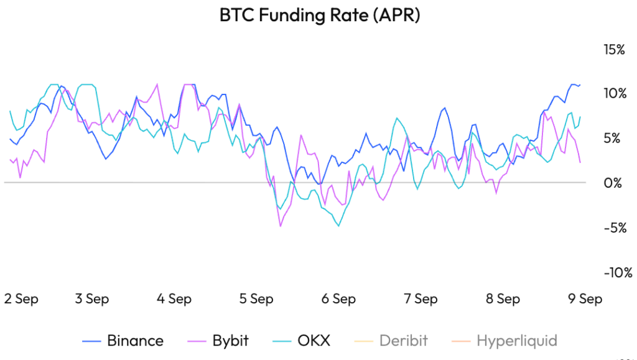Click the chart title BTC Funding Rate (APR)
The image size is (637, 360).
pos(319,16)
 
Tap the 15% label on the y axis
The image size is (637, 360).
pos(614,50)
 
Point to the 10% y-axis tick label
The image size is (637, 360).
pos(615,93)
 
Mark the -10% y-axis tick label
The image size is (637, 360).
pos(618,272)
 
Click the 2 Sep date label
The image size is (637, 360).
pos(21,300)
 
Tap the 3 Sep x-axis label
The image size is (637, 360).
pos(92,300)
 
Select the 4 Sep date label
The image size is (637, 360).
pos(174,300)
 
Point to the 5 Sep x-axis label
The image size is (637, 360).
pos(256,300)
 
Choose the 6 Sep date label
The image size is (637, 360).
pos(339,300)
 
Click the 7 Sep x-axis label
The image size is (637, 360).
pos(421,300)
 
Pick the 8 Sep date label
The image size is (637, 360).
pos(503,300)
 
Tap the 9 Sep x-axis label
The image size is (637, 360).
pos(585,300)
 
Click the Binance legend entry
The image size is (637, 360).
pos(123,341)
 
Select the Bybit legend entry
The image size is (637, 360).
pos(218,341)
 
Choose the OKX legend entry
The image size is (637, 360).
pos(302,341)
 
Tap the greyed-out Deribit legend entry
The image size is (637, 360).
pos(391,341)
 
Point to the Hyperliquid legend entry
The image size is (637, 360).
pos(504,341)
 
